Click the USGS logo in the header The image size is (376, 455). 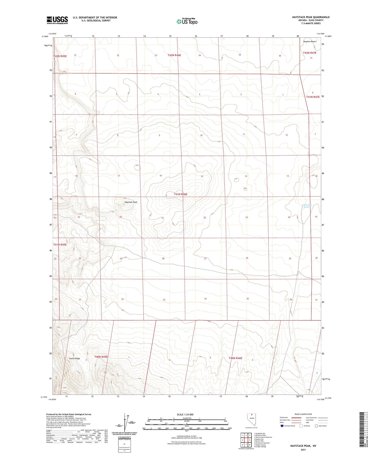point(57,20)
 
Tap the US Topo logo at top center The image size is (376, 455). point(187,22)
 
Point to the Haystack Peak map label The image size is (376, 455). point(131,202)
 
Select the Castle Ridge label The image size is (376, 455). point(74,358)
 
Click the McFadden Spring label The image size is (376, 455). point(308,206)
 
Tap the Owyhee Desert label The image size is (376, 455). point(310,41)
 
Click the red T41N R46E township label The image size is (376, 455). point(181,194)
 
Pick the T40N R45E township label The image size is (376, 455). point(101,357)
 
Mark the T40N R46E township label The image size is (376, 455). point(235,358)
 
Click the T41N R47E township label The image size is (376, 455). point(313,97)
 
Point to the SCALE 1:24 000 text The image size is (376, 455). point(185,414)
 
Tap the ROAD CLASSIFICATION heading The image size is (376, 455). point(303,414)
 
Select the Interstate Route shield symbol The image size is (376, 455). point(282,426)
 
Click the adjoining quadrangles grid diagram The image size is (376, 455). point(246,440)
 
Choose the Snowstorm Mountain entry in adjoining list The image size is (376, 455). point(262,443)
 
